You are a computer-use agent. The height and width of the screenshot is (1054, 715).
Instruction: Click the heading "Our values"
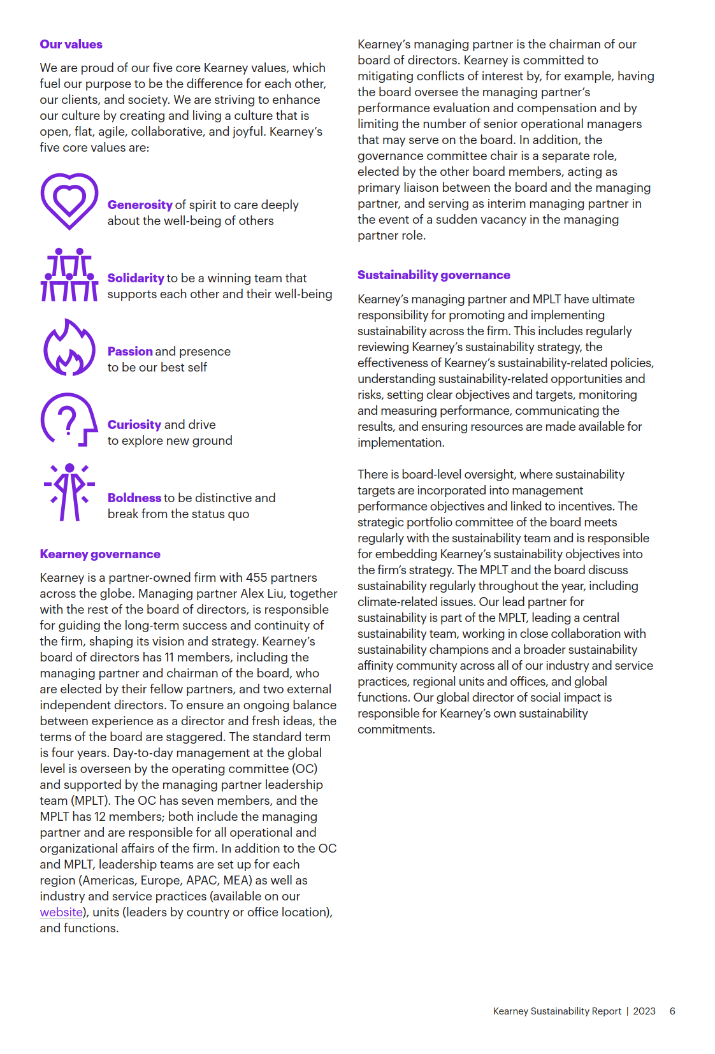[x=71, y=45]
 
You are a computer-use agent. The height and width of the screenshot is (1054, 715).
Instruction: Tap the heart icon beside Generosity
[x=69, y=201]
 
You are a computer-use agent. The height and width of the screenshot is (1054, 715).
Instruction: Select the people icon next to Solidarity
[x=69, y=275]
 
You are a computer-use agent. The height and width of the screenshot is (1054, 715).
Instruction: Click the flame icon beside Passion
[x=69, y=349]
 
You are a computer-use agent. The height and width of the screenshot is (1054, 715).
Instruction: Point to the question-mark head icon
[x=69, y=420]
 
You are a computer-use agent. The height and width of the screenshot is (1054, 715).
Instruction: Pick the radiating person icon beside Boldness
[x=69, y=493]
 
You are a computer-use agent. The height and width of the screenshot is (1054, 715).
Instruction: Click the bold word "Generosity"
[x=140, y=205]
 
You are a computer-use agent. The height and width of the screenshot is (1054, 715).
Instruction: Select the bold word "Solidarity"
[x=136, y=278]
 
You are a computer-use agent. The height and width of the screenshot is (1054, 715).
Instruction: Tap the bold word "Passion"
[x=130, y=352]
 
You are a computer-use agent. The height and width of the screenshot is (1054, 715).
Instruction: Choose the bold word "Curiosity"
[x=134, y=425]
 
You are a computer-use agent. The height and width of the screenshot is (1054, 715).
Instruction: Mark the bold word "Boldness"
[x=134, y=498]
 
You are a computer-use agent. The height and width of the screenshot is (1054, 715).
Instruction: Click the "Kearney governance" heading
[x=100, y=554]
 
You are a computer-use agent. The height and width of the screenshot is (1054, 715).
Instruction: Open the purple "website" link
[x=61, y=913]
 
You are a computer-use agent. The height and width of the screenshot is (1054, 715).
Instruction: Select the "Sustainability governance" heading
[x=433, y=275]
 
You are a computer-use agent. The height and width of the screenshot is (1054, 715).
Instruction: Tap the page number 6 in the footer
[x=672, y=1011]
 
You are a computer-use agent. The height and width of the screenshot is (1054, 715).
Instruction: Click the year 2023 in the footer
[x=644, y=1011]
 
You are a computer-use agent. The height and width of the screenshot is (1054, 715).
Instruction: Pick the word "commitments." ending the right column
[x=396, y=730]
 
